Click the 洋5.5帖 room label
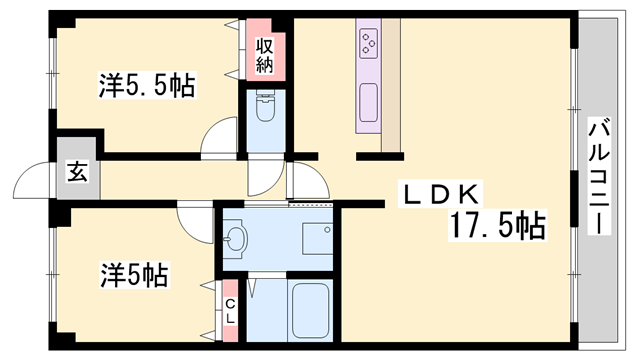coord(146,86)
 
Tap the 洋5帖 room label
coord(133,272)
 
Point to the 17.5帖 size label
coord(497,226)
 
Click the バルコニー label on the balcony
coord(599,176)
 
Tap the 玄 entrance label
coord(77,171)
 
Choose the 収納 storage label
coord(265,56)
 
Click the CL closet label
coord(230,311)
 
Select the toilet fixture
coord(266,108)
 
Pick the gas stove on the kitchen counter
coord(368,42)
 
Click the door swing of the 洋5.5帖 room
coord(219,139)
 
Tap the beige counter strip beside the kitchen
coord(390,80)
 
